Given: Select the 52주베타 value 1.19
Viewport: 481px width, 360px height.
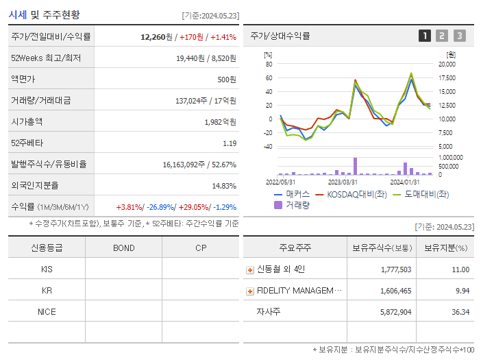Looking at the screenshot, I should point(229,143).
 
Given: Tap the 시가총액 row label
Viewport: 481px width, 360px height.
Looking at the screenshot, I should point(27,122).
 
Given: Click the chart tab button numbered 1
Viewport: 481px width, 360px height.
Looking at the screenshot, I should point(425,36).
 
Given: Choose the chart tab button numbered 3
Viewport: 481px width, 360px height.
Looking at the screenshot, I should point(459,36).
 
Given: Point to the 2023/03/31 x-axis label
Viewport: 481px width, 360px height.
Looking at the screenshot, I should point(343,182).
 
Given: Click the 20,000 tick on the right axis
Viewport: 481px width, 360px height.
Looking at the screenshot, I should point(446,64).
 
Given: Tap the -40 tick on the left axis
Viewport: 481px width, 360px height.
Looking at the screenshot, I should point(268,146).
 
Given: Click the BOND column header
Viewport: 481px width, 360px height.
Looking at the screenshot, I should point(123,248).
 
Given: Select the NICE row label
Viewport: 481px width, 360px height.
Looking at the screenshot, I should point(47,312).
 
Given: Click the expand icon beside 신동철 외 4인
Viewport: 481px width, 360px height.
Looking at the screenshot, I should point(250,270).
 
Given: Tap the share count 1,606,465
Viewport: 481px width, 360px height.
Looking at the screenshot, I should point(396,291).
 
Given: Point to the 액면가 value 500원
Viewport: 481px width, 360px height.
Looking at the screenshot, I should point(227,80).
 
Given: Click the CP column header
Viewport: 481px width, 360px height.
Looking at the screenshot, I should point(200,248).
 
